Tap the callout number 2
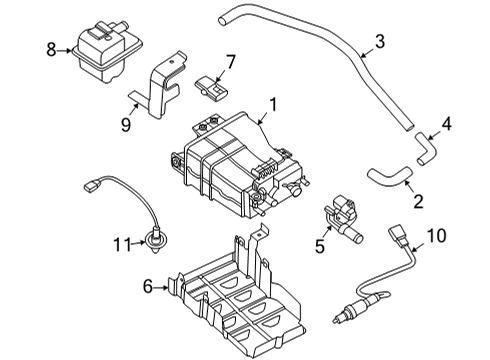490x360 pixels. coord(417,202)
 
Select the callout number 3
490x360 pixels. coord(379,41)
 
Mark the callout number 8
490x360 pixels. coord(51,48)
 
